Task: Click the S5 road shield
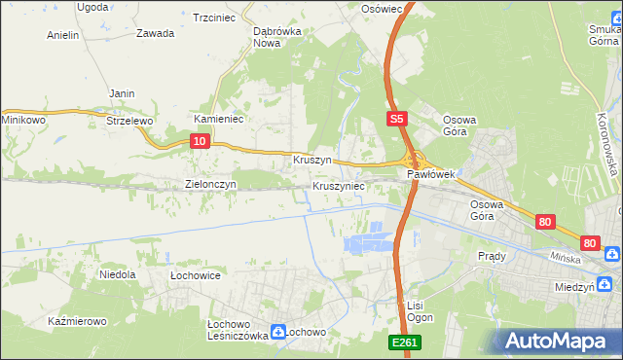[x=394, y=120]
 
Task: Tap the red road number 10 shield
[x=199, y=141]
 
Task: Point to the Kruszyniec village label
[x=338, y=185]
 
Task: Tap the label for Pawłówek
[x=430, y=174]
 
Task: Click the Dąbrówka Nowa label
[x=275, y=36]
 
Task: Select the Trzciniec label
[x=216, y=18]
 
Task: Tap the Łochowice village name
[x=195, y=275]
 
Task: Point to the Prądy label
[x=492, y=256]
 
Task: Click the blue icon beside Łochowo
[x=277, y=331]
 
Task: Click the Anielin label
[x=62, y=35]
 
